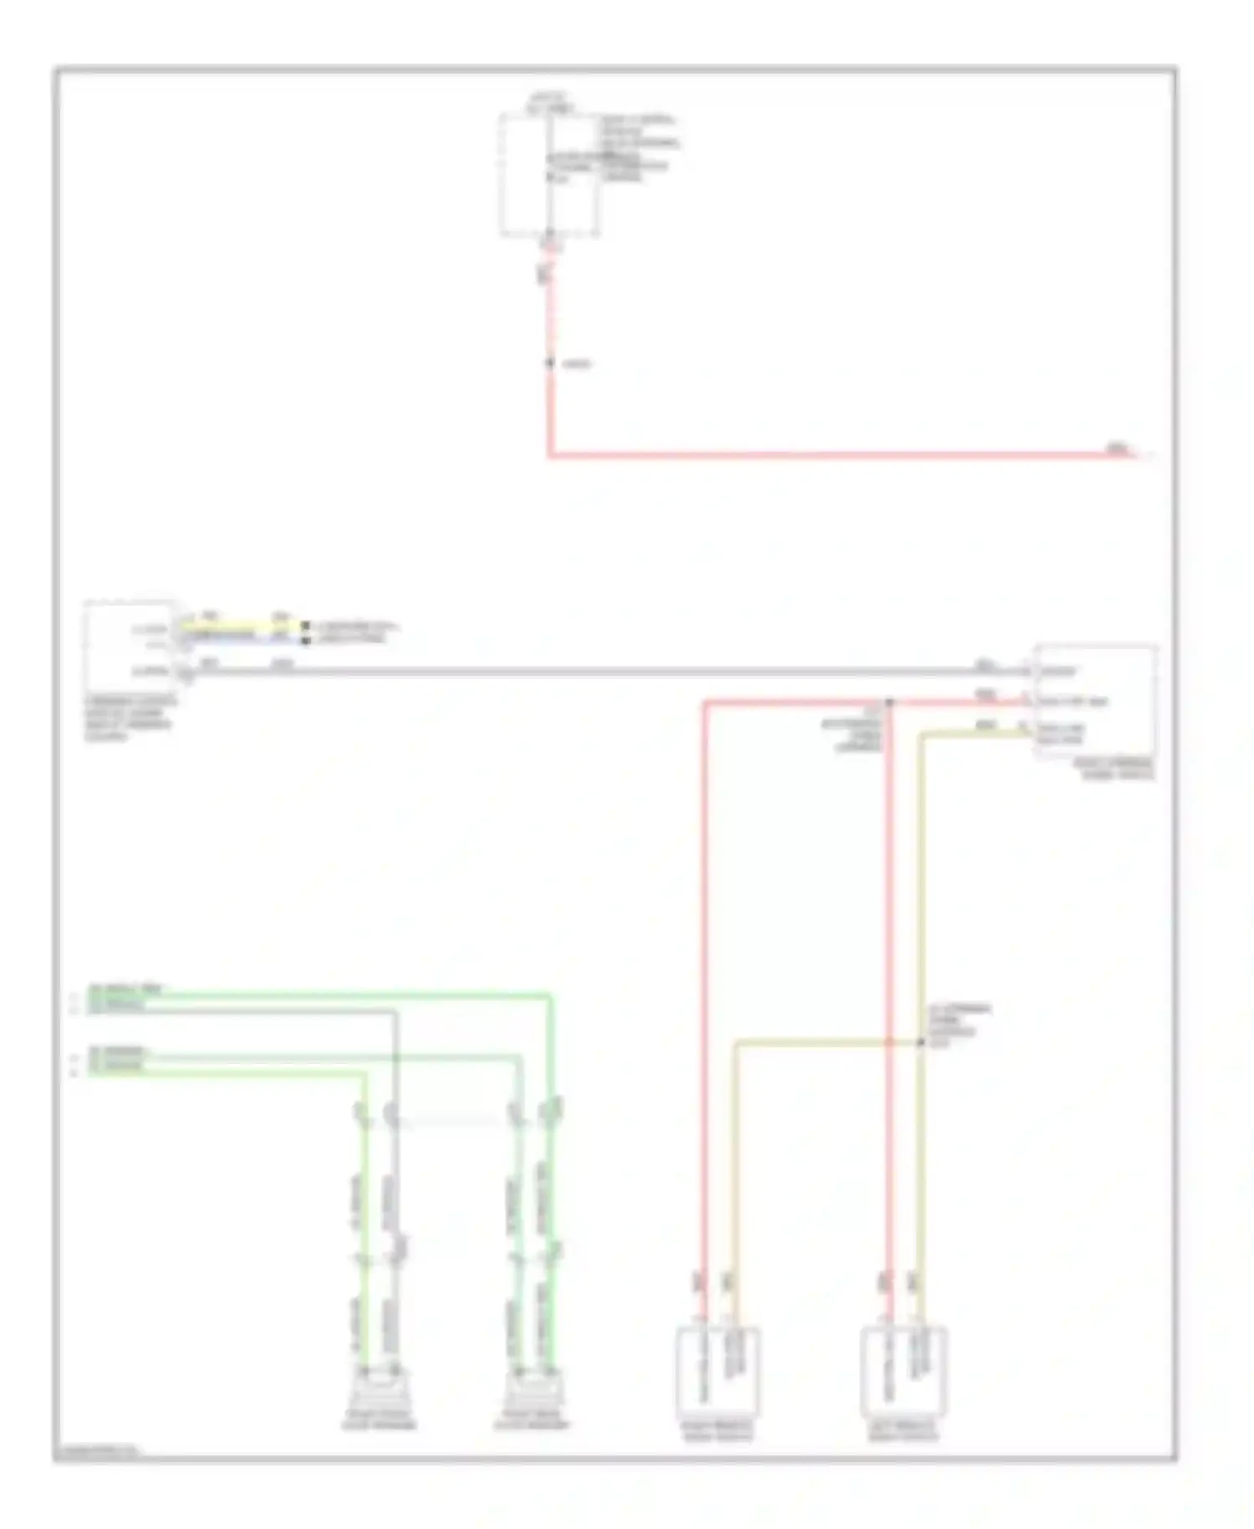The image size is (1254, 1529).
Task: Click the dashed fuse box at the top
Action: coord(549,176)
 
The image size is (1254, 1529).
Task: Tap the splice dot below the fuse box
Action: coord(550,363)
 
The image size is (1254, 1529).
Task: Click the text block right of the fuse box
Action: coord(640,148)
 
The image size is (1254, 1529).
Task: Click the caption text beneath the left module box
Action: coord(130,718)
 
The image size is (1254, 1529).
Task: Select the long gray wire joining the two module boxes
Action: coord(585,672)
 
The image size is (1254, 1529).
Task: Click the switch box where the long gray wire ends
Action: coord(1095,701)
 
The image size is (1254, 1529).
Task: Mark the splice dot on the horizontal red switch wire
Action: coord(890,703)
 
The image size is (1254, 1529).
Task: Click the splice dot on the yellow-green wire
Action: coord(920,1042)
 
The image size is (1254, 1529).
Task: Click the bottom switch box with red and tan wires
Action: coord(717,1372)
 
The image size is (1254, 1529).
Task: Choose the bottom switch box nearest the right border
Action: coord(904,1372)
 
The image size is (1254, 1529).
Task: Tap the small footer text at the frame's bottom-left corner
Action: coord(97,1450)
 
